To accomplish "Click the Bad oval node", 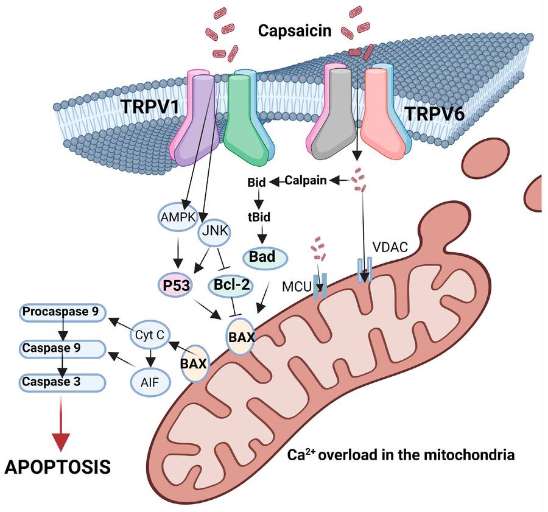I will (264, 257).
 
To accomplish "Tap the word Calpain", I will (306, 180).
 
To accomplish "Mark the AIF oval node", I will (149, 383).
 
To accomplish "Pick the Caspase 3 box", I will (61, 382).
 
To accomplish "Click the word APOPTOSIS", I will (58, 467).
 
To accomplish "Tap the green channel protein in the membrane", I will (244, 119).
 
